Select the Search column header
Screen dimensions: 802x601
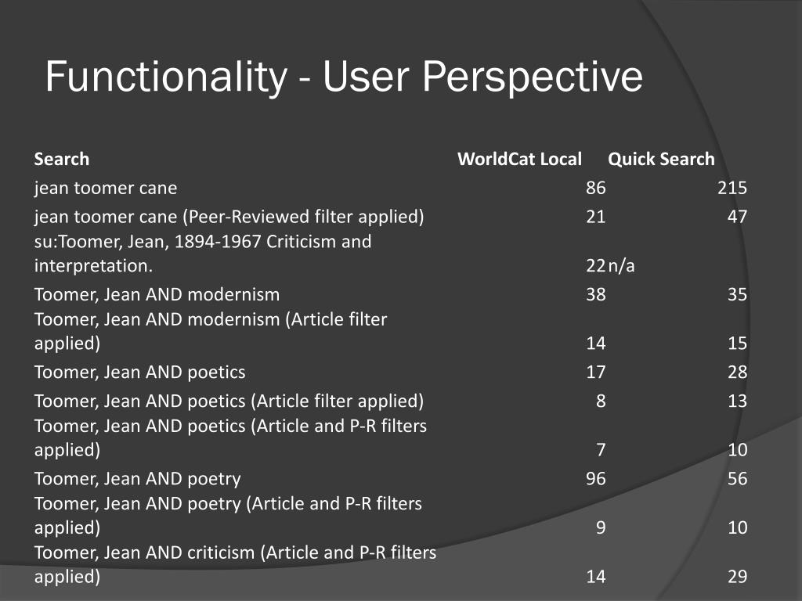[62, 160]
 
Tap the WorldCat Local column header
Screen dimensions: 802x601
[519, 160]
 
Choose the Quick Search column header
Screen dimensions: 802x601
[661, 160]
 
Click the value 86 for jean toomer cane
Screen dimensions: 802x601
[595, 189]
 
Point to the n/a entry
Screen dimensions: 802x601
[621, 266]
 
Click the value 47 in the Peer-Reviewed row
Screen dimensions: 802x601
[737, 218]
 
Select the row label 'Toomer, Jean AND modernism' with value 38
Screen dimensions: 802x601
[157, 295]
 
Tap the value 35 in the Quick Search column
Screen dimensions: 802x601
[737, 295]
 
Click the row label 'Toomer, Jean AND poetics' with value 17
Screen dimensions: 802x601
[139, 372]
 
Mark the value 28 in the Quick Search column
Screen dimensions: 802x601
[737, 372]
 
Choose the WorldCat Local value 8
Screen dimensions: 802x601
[601, 401]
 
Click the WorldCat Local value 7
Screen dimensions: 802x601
[601, 450]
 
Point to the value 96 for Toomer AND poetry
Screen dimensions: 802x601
[595, 479]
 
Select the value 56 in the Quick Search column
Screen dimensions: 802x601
[737, 479]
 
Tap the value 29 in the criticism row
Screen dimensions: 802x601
[737, 578]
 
